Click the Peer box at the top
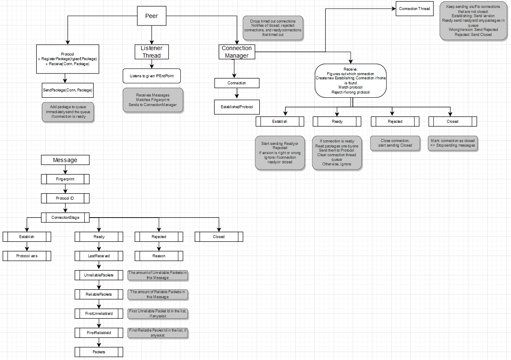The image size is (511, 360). [x=152, y=16]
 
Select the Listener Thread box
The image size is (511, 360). [x=152, y=52]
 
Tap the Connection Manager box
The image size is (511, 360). [x=237, y=52]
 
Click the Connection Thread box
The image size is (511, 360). [x=414, y=9]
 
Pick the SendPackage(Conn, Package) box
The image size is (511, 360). [x=68, y=90]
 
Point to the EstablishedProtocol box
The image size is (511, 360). [x=237, y=107]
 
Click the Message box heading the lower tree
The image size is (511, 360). [x=65, y=160]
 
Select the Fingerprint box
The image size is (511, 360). [x=65, y=179]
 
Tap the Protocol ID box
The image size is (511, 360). [x=65, y=198]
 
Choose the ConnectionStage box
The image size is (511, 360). [x=65, y=218]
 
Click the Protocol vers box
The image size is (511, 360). [x=27, y=256]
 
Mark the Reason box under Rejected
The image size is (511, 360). [x=159, y=256]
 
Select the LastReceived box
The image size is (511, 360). [x=99, y=256]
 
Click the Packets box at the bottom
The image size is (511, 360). [x=99, y=352]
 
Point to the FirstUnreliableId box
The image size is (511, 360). [x=99, y=314]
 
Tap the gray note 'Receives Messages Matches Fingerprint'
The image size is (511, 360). [x=153, y=100]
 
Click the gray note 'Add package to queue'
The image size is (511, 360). [x=68, y=112]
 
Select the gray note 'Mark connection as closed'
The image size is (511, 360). [x=453, y=143]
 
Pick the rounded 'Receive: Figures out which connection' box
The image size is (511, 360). [x=350, y=81]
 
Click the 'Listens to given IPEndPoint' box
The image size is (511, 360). [x=152, y=76]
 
